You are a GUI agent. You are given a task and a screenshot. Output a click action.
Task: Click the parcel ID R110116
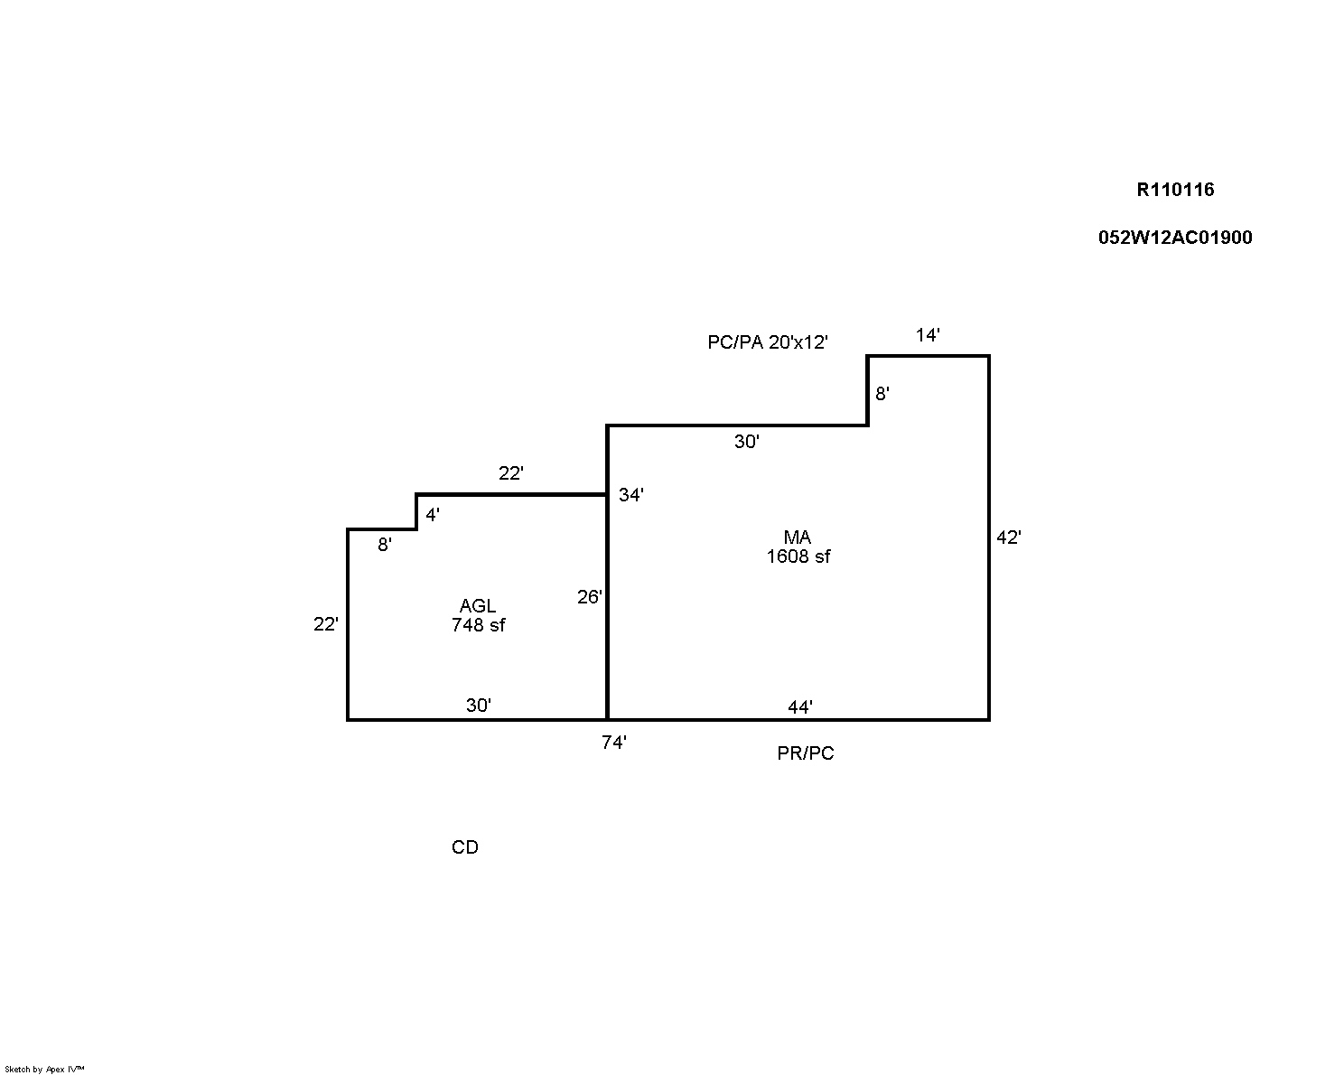tap(1175, 190)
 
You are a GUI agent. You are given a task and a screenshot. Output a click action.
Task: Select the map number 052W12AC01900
tap(1175, 238)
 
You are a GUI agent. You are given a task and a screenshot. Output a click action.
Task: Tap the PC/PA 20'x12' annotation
tap(767, 342)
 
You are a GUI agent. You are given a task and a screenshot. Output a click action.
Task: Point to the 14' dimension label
tap(928, 336)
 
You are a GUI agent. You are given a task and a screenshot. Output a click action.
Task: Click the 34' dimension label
tap(630, 495)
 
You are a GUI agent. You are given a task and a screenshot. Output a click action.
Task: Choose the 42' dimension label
tap(1008, 537)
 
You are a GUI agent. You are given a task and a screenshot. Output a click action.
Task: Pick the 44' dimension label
tap(799, 707)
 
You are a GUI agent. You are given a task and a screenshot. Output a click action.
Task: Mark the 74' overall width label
tap(614, 743)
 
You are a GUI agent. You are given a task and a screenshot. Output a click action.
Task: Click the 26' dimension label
tap(589, 597)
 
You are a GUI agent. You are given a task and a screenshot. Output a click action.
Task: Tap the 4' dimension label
tap(433, 515)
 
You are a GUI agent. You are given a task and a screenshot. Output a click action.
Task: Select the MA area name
tap(798, 537)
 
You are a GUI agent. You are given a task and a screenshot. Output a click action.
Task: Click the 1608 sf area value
tap(798, 556)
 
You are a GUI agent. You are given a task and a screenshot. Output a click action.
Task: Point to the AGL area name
tap(478, 606)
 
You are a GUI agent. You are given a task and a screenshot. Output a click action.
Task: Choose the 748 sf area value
tap(478, 625)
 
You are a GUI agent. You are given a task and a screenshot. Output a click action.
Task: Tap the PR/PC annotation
tap(806, 753)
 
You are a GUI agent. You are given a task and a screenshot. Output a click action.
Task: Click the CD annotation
tap(465, 847)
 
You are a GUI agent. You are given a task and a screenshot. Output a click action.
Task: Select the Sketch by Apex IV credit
tap(44, 1069)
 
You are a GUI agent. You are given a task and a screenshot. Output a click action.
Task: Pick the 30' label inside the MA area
tap(746, 442)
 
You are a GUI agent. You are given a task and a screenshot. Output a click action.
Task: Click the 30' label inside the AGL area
tap(478, 706)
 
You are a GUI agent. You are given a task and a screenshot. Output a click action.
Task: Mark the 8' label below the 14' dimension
tap(882, 394)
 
